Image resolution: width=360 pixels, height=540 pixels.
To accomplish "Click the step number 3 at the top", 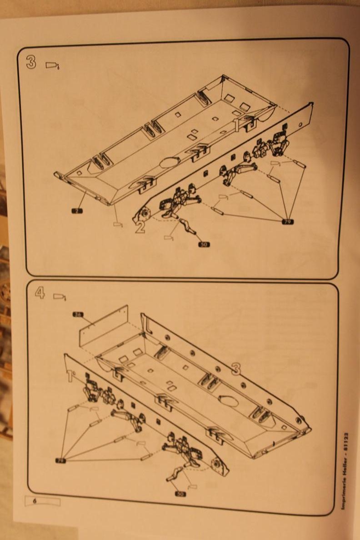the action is coord(31,62).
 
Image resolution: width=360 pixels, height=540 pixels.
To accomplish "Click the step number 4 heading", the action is coord(40,294).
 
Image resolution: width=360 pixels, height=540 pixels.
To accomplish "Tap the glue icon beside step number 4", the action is coord(60,297).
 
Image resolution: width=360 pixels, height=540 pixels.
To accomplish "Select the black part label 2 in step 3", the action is coord(76,210).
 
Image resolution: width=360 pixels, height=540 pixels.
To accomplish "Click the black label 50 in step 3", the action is coord(204,245).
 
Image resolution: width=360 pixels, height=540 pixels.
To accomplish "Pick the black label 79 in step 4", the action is coord(60,460).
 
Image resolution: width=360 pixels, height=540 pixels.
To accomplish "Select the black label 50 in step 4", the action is coord(180,494).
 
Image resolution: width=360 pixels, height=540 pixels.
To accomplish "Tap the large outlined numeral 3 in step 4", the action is coord(235,368).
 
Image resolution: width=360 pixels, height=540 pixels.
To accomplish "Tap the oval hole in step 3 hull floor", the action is coord(170,162).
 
